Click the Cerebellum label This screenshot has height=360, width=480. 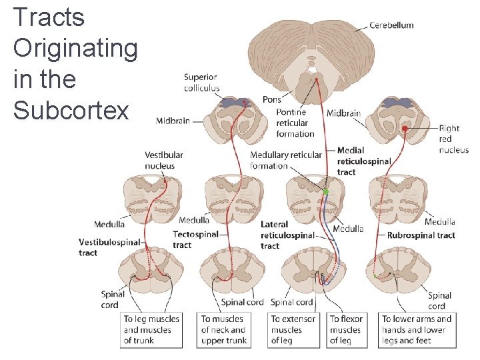(392, 25)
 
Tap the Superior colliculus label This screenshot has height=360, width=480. (201, 83)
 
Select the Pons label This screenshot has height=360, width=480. (272, 99)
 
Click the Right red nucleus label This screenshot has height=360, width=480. (453, 139)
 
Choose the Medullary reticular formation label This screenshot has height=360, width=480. (285, 160)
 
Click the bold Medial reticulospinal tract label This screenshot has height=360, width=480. (364, 161)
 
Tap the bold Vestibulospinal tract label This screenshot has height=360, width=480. (109, 247)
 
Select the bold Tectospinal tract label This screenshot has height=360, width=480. (195, 240)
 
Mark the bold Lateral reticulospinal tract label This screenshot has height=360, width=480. (287, 235)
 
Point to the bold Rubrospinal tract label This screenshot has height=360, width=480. (421, 235)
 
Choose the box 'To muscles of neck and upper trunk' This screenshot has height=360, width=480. (224, 330)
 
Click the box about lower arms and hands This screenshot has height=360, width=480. (417, 330)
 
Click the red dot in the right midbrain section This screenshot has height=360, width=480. (404, 128)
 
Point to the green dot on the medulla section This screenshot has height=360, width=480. (326, 192)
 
